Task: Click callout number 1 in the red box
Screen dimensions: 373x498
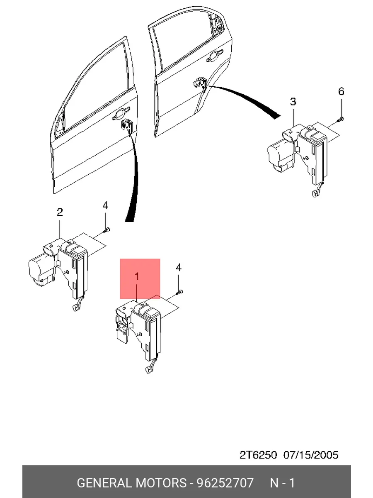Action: pos(137,276)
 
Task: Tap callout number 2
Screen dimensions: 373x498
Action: pos(60,212)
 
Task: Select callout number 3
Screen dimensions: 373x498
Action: pos(293,102)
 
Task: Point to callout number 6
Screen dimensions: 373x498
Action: pos(341,91)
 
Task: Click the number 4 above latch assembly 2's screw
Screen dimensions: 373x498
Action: pos(105,205)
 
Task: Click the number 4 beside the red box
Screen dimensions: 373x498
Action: pos(179,268)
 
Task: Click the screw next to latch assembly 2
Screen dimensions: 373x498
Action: pos(106,230)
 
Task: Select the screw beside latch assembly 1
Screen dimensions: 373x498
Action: pos(179,292)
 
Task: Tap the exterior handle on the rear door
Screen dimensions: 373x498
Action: pos(215,56)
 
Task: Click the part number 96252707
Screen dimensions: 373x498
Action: pos(225,483)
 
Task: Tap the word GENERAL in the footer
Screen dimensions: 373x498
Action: pos(104,483)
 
